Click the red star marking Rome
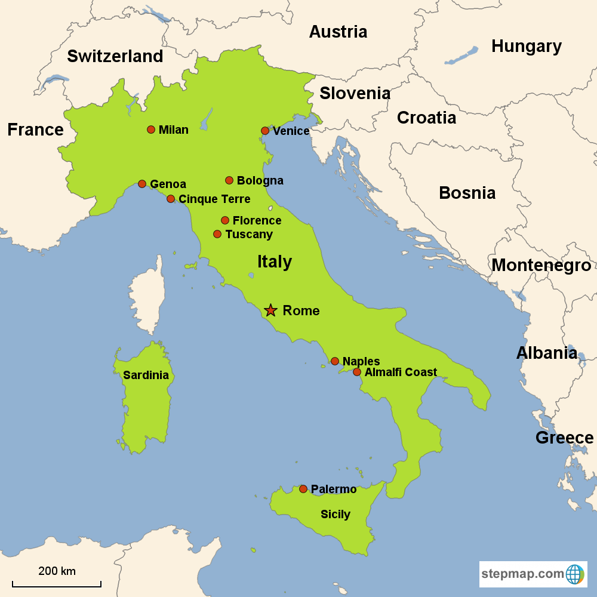[x=270, y=310]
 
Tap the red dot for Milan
[x=151, y=130]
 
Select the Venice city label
[x=291, y=131]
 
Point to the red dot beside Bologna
[x=229, y=180]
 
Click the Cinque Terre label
[x=214, y=199]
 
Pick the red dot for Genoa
[x=142, y=184]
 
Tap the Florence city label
[x=257, y=220]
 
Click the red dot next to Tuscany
[x=217, y=234]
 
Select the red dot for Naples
[x=335, y=361]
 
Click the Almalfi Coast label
[x=401, y=372]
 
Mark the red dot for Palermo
[x=303, y=489]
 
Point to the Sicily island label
[x=336, y=514]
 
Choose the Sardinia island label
[x=146, y=376]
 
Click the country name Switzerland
[x=115, y=56]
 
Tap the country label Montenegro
[x=541, y=265]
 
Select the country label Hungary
[x=526, y=46]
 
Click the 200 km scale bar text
[x=57, y=571]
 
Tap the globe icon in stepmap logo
[x=575, y=574]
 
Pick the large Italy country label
[x=275, y=261]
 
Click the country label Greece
[x=564, y=438]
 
